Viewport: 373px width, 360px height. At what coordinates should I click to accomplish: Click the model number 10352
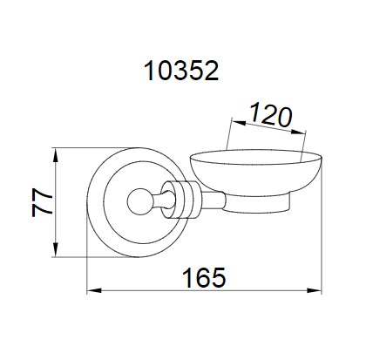pos(181,71)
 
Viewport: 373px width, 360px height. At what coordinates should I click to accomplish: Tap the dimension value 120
pos(270,116)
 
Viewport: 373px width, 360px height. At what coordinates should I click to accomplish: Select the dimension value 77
pos(42,202)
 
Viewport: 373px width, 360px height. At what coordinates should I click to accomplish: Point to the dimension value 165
pos(204,278)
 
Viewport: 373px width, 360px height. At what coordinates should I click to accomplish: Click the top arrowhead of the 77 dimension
pos(56,155)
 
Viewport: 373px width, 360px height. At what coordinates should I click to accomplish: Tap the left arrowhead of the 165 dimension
pos(94,290)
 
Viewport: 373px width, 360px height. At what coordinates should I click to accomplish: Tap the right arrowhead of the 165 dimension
pos(315,290)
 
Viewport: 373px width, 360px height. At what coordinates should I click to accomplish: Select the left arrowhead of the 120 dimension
pos(239,123)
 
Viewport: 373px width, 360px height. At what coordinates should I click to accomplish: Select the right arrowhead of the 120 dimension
pos(298,132)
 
